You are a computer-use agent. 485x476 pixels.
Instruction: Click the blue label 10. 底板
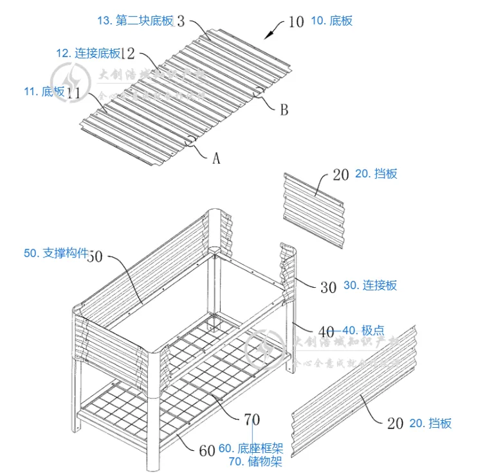[x=331, y=21]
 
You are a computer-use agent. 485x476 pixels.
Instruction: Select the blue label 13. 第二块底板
[x=135, y=21]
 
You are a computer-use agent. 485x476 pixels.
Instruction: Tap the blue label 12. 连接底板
[x=88, y=53]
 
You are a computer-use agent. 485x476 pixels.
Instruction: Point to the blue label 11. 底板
[x=44, y=92]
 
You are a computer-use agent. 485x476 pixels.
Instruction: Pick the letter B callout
[x=283, y=109]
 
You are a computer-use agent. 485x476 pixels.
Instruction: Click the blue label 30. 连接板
[x=371, y=285]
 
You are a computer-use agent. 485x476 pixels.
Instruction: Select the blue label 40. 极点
[x=363, y=330]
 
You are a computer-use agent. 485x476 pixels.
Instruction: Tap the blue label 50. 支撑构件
[x=56, y=253]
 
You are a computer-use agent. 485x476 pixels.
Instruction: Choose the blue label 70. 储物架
[x=255, y=461]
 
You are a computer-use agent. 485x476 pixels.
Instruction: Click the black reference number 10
[x=296, y=22]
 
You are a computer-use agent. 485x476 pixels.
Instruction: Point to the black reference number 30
[x=328, y=286]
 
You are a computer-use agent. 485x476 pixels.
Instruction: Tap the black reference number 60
[x=206, y=450]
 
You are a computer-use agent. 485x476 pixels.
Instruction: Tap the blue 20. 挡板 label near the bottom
[x=430, y=423]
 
